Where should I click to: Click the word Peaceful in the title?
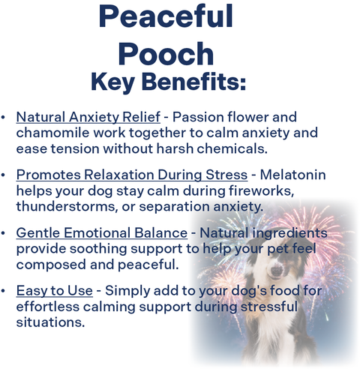pyautogui.click(x=166, y=16)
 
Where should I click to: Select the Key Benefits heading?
pyautogui.click(x=168, y=82)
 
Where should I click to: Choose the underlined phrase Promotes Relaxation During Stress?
pyautogui.click(x=131, y=175)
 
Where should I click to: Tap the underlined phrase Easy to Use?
pyautogui.click(x=55, y=291)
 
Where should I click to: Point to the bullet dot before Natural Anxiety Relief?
pyautogui.click(x=4, y=118)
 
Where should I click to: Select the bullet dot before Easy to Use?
pyautogui.click(x=4, y=291)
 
